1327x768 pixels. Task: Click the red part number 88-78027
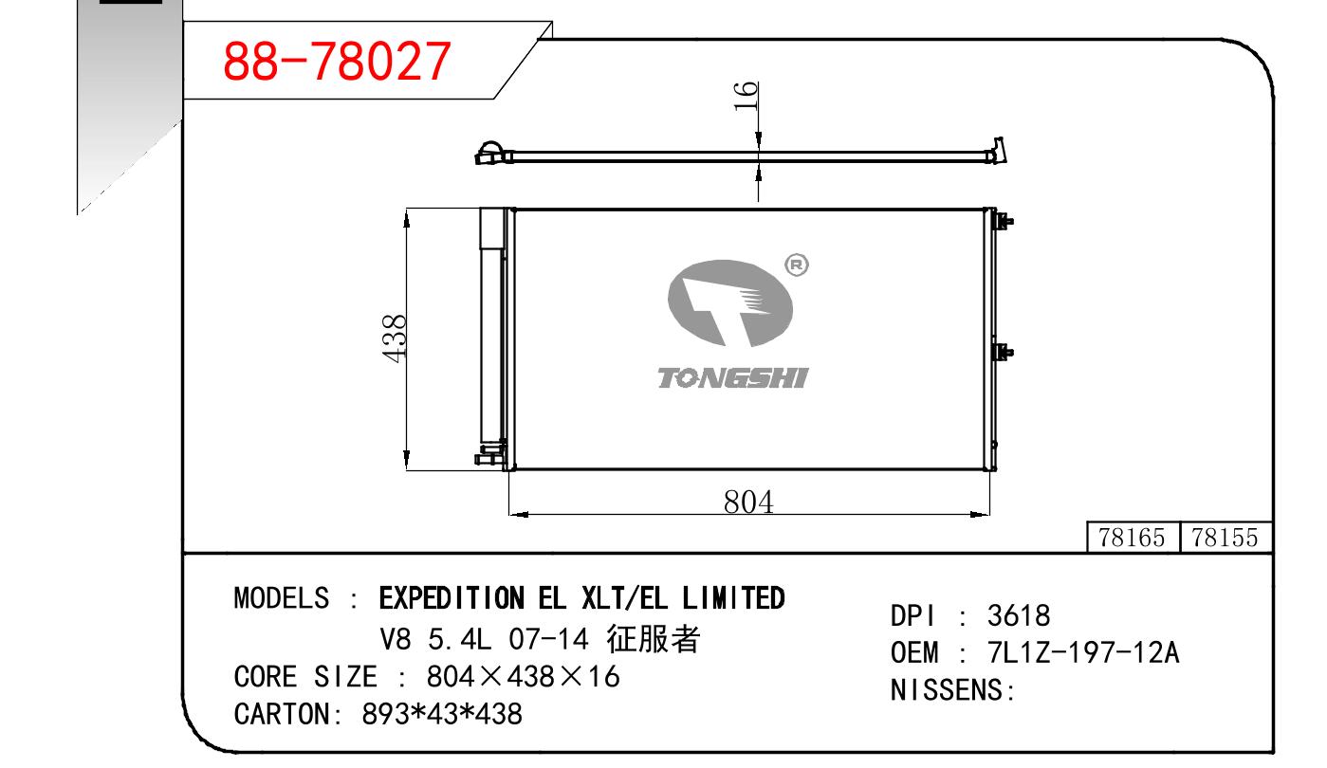337,61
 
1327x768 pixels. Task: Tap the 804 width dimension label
748,502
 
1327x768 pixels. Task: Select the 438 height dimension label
395,338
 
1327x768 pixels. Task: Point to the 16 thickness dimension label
746,96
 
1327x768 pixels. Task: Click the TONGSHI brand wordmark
733,377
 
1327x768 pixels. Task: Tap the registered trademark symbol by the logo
797,265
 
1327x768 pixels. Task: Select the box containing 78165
1133,537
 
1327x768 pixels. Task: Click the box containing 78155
1226,537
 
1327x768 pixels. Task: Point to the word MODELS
282,598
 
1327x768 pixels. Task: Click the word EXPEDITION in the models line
452,598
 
